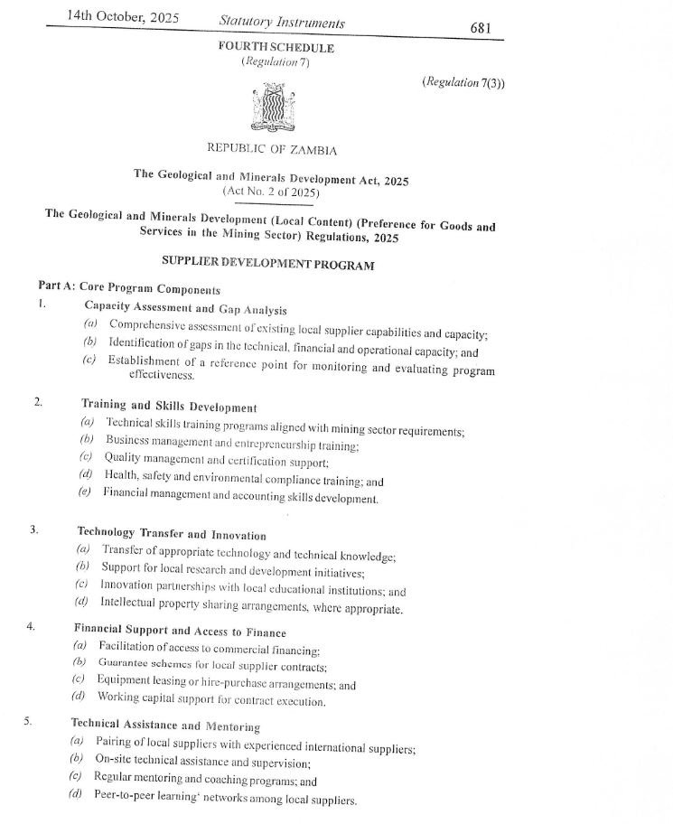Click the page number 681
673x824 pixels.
(481, 28)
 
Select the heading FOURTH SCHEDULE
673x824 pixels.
(276, 48)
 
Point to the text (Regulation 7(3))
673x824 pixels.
(464, 82)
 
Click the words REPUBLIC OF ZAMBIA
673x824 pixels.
(272, 149)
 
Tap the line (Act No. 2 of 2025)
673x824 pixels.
(270, 192)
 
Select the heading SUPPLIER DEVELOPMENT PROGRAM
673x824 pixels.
(267, 263)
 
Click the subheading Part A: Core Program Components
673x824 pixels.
(129, 289)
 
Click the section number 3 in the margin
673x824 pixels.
(33, 529)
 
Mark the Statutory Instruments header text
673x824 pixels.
(281, 22)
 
